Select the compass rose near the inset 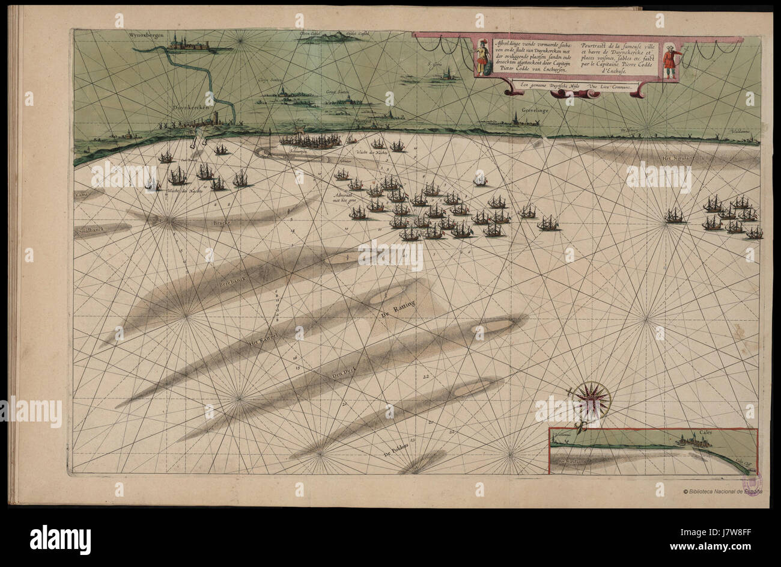[591, 399]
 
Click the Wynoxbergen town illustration [190, 43]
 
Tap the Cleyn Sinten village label [271, 79]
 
